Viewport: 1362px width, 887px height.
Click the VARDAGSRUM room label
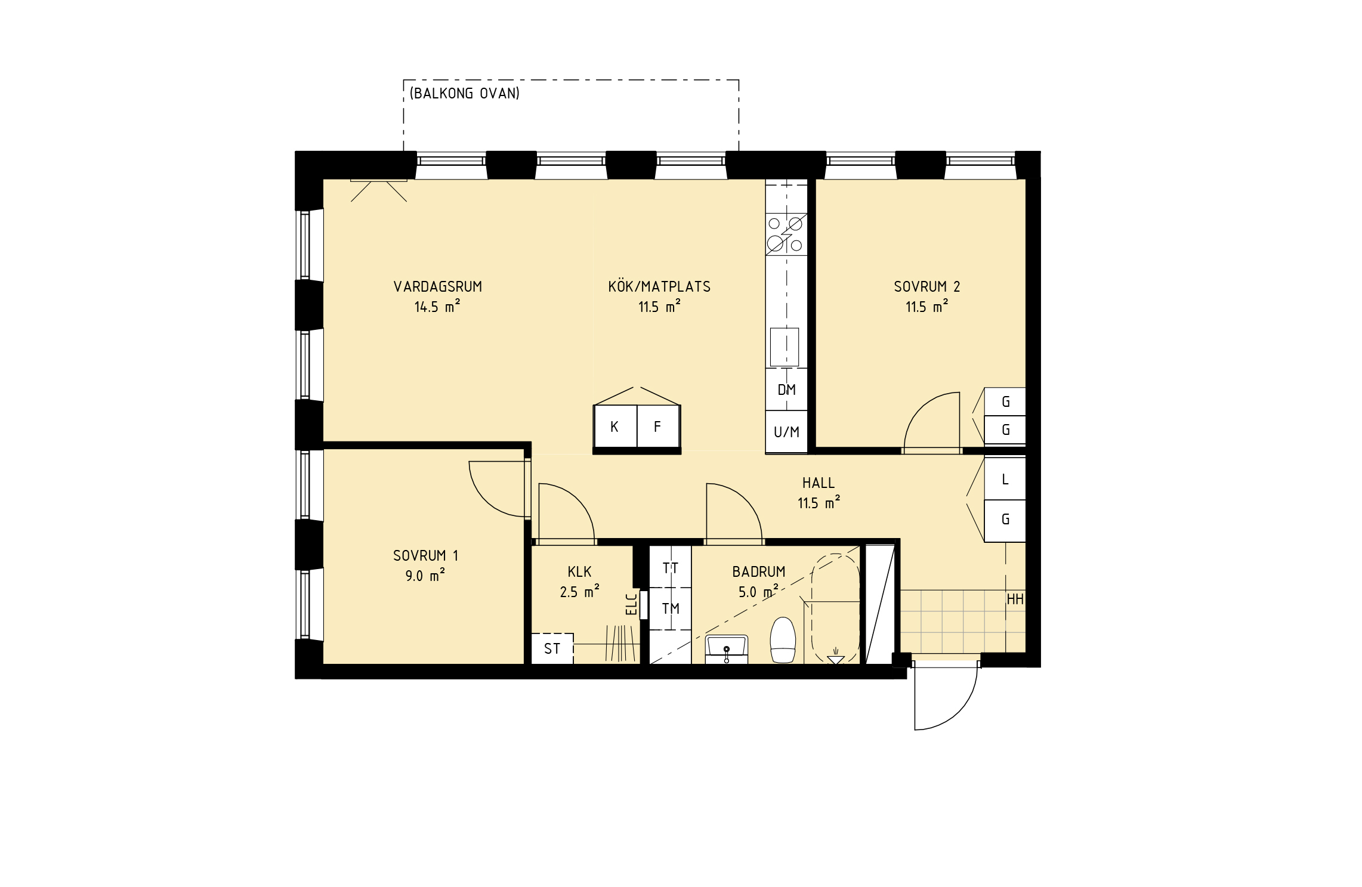(437, 287)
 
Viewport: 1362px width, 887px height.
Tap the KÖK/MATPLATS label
(659, 287)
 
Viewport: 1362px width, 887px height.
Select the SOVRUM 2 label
(926, 287)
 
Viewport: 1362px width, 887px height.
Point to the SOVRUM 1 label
(425, 556)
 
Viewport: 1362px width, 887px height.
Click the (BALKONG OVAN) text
(464, 93)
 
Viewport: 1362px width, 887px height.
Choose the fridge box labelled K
(616, 426)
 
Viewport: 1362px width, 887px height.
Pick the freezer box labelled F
(659, 426)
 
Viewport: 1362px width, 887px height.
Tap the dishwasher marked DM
(786, 390)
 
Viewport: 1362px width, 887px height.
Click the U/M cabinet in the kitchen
(786, 432)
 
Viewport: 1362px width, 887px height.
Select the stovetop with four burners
(786, 234)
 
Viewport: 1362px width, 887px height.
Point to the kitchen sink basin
(785, 347)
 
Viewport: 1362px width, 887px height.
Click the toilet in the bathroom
(783, 640)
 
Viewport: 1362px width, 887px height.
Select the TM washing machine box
(671, 608)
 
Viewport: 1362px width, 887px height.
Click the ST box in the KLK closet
(552, 648)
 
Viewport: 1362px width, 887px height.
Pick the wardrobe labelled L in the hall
(1005, 479)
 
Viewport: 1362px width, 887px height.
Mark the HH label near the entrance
(1015, 599)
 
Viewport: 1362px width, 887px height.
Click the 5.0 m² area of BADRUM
(758, 592)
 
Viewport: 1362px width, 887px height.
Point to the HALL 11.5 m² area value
(819, 503)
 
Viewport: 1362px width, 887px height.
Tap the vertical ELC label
(631, 604)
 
